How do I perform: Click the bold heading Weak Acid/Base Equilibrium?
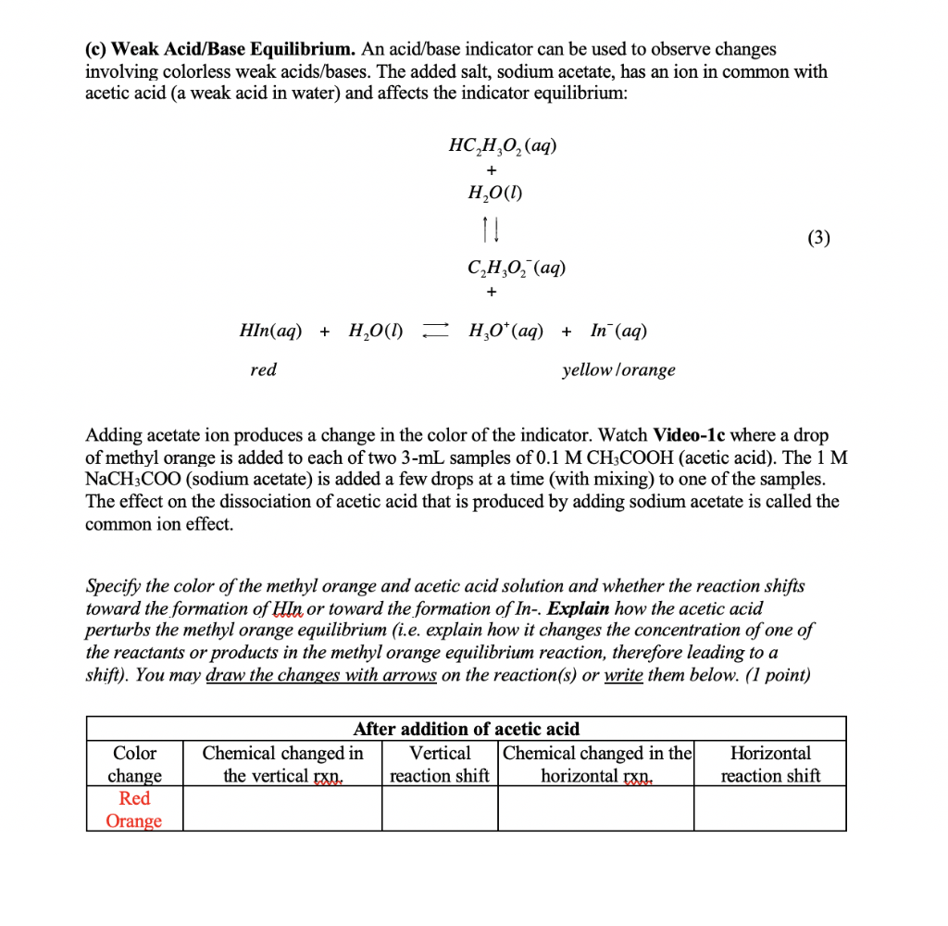pos(233,49)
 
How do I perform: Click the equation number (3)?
pos(817,238)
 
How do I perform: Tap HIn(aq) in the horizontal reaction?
pos(270,331)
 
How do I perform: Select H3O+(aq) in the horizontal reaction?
pos(506,331)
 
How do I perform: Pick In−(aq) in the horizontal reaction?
pos(618,331)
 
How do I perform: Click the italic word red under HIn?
pos(263,370)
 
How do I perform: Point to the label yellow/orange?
pos(618,370)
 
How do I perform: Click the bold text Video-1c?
pos(691,435)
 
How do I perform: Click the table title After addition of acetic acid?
pos(467,729)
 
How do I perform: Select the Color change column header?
pos(134,764)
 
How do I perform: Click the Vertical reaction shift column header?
pos(440,764)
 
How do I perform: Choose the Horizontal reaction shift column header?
pos(770,764)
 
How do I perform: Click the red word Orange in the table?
pos(134,820)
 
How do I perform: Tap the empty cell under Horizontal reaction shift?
pos(770,808)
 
